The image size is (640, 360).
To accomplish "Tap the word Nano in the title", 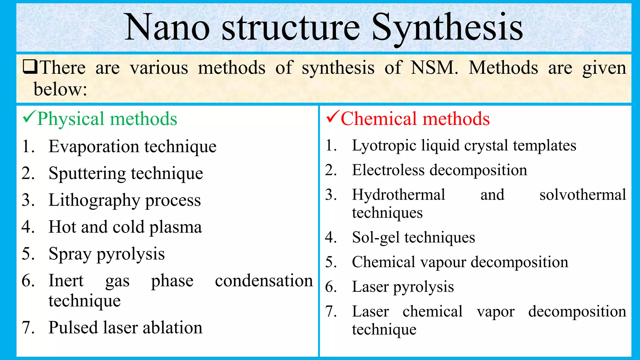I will click(167, 28).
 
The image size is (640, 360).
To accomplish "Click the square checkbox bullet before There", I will click(30, 67).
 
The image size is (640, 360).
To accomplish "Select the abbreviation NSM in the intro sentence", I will click(434, 67).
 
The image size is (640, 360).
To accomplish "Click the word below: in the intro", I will click(60, 89).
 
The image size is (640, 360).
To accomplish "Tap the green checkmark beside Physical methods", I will click(29, 117).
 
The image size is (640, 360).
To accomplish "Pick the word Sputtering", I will click(87, 174).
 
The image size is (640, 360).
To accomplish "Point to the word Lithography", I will click(94, 201).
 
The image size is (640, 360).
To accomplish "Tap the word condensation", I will click(264, 281).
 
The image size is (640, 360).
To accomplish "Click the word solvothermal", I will click(582, 195).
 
